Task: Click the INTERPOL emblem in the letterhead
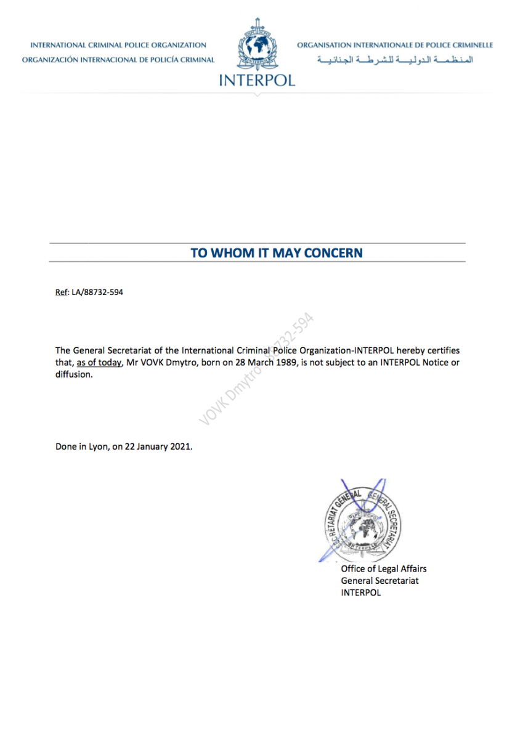(x=257, y=46)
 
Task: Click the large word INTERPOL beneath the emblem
(x=257, y=80)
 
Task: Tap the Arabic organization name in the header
(x=395, y=60)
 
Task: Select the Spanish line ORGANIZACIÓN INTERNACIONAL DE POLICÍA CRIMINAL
(x=118, y=60)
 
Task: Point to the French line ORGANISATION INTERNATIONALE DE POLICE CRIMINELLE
(x=395, y=45)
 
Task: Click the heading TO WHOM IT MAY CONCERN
(x=277, y=252)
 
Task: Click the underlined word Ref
(x=61, y=293)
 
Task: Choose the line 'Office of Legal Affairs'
(x=384, y=569)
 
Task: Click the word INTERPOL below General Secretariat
(x=361, y=592)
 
